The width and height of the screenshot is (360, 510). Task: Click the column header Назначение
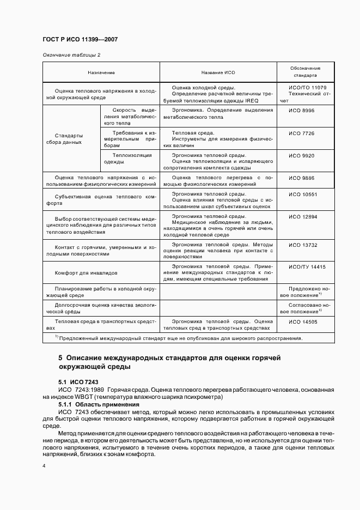coord(101,72)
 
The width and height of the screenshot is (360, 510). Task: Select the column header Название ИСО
coord(218,72)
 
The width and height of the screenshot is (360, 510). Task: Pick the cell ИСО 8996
coord(301,110)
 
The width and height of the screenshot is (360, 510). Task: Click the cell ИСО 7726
coord(301,133)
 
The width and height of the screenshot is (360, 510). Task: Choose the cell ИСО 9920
coord(301,156)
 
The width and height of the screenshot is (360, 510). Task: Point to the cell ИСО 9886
coord(301,178)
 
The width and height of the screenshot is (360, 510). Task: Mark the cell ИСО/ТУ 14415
coord(307,267)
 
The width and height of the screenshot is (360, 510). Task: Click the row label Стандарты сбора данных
coord(69,138)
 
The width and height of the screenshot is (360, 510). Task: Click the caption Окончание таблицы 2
coord(71,54)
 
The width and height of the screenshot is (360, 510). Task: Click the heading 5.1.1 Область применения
coord(91,405)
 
